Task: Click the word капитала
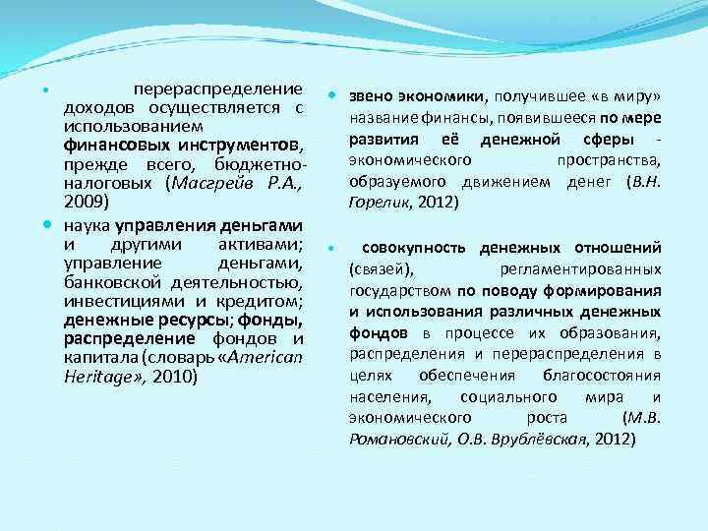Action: (100, 359)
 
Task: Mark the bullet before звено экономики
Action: (334, 96)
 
